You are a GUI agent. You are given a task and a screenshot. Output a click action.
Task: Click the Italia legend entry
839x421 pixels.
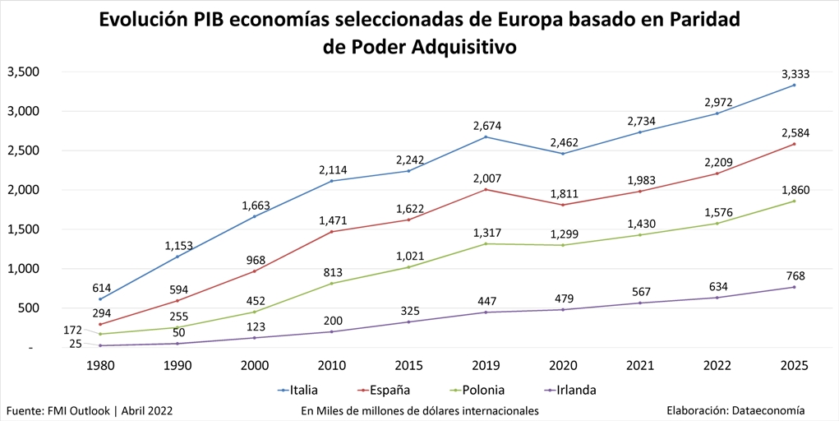click(x=304, y=390)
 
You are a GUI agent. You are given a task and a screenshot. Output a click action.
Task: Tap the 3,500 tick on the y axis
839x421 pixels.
click(x=24, y=72)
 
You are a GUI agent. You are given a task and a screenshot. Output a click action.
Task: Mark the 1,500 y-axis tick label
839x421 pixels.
click(x=24, y=229)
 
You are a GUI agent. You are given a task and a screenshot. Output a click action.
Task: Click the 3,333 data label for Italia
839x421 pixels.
click(x=795, y=74)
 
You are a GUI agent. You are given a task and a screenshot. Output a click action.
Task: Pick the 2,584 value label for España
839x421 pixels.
click(x=795, y=133)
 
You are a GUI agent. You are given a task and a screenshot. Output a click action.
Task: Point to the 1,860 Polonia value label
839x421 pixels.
click(x=795, y=190)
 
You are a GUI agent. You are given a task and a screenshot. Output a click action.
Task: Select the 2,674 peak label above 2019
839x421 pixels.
click(x=486, y=126)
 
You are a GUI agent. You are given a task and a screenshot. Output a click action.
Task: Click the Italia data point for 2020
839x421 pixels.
click(x=563, y=154)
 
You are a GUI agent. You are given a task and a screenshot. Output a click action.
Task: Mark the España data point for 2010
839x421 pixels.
click(x=331, y=232)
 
